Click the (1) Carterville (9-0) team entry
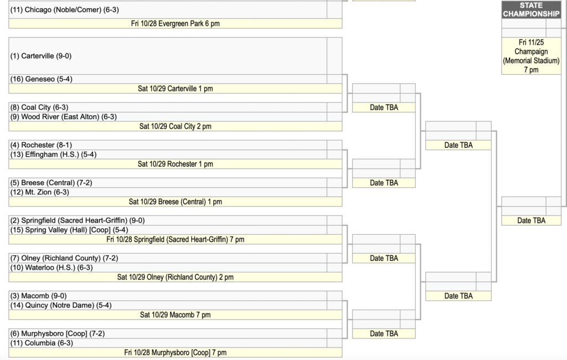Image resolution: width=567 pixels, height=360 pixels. point(41,56)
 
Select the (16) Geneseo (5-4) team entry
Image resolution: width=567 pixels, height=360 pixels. point(41,79)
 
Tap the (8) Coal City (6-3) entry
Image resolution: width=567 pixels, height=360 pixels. point(39,107)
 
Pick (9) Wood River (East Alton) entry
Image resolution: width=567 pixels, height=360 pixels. point(63,117)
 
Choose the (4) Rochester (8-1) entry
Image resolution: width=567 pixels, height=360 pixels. point(41,145)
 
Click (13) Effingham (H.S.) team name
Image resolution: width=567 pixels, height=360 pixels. point(53,155)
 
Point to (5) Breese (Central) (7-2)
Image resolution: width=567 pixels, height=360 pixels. point(51,183)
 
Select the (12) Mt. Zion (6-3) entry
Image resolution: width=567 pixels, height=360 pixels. point(39,192)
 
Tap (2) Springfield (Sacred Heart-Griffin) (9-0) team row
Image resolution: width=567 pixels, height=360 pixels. point(78,220)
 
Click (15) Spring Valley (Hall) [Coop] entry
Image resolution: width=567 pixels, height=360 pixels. point(69,230)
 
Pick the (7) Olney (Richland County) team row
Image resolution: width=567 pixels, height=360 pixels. point(64,258)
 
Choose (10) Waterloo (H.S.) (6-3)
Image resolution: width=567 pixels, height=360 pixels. point(51,268)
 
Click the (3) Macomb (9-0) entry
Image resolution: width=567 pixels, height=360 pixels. point(38,296)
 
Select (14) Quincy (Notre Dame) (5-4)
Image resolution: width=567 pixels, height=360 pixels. point(61,305)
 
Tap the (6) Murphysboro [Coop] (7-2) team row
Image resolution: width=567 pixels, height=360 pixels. point(58,333)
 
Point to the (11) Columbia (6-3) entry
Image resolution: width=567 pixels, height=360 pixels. point(42,343)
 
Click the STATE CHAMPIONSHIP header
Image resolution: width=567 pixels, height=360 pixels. point(531,10)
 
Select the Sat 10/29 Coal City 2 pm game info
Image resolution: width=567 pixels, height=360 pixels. point(176,126)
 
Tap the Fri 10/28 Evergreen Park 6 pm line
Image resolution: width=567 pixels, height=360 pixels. point(176,23)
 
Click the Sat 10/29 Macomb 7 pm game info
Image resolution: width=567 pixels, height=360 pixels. point(176,315)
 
